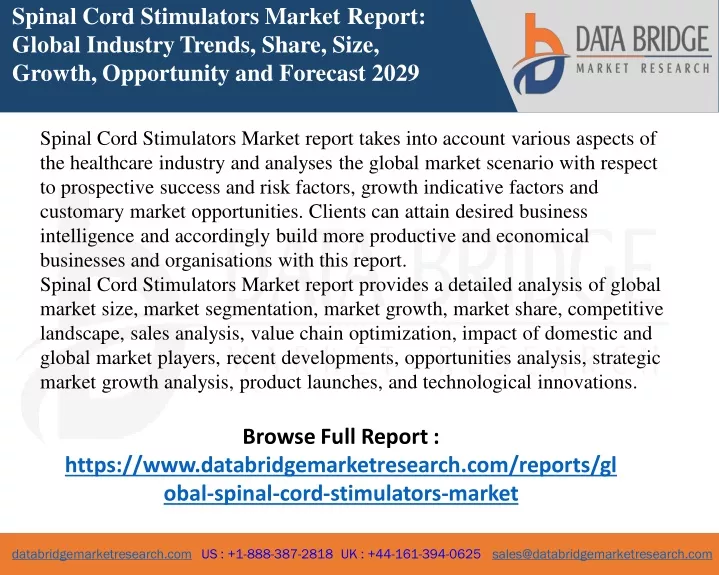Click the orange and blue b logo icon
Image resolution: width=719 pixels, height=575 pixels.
[539, 54]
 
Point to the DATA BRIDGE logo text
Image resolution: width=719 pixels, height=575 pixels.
[643, 39]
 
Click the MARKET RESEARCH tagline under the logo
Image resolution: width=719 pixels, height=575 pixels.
[643, 69]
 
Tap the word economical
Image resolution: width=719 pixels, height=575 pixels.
[542, 236]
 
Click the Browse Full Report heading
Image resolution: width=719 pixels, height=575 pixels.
[341, 436]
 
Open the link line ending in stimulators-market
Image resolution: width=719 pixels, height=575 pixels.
[341, 493]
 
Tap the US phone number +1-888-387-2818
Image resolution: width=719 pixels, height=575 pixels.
[267, 554]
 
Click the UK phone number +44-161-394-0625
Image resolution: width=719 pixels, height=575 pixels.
[411, 554]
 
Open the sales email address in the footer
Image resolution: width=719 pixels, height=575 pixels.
[602, 554]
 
